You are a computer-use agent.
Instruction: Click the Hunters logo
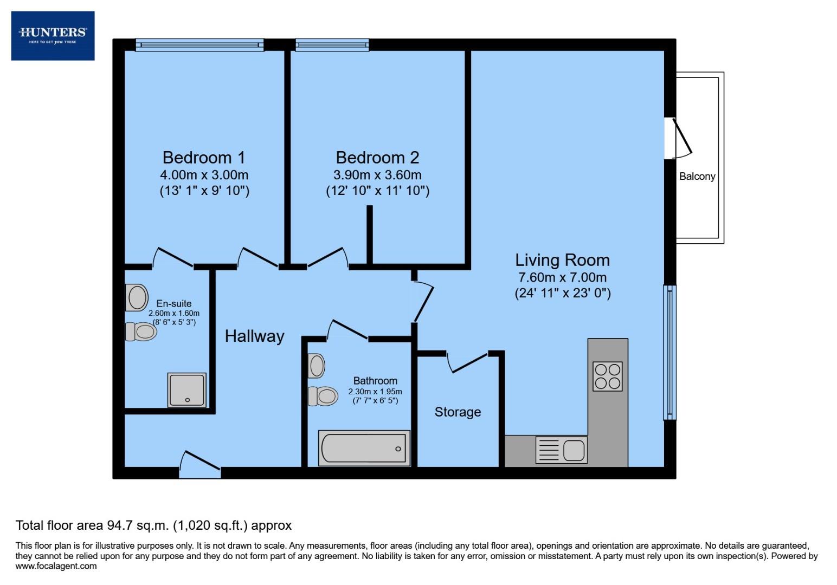(x=53, y=36)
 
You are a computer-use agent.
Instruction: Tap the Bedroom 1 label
(x=204, y=158)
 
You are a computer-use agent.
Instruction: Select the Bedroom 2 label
(x=377, y=158)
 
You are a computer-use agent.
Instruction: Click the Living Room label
(x=562, y=260)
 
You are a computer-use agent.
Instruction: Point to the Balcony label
(x=697, y=177)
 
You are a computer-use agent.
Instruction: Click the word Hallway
(x=254, y=336)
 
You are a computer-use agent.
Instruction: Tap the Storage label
(x=458, y=412)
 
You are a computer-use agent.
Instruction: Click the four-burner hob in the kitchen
(x=608, y=376)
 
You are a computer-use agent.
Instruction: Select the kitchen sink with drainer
(x=562, y=450)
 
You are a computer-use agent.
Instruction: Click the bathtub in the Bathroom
(x=364, y=448)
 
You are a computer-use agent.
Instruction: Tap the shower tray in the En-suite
(x=187, y=389)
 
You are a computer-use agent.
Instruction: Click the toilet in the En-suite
(x=141, y=331)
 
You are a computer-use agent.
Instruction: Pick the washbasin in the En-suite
(x=137, y=298)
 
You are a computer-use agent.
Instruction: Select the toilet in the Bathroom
(x=323, y=396)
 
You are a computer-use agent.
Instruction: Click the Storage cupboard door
(x=468, y=362)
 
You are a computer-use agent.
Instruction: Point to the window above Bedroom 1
(x=199, y=45)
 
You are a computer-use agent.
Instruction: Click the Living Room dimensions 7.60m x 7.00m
(x=562, y=278)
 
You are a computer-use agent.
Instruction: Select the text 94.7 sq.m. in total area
(x=136, y=525)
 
